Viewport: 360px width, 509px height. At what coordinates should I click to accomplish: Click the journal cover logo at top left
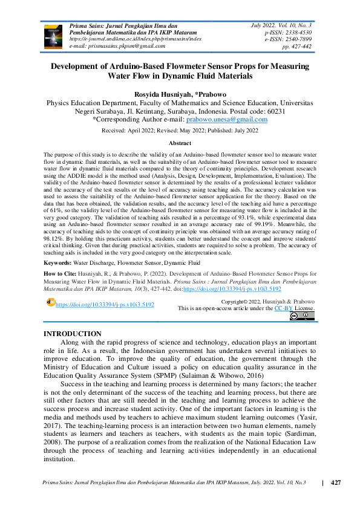point(53,37)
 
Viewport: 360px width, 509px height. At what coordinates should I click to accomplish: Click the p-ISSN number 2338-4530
point(298,31)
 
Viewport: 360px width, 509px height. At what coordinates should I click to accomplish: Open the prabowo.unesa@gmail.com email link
point(231,120)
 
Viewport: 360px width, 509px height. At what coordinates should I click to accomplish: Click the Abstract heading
point(180,143)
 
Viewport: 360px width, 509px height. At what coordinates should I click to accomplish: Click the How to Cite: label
point(61,274)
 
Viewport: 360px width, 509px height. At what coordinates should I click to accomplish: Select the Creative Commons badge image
point(301,316)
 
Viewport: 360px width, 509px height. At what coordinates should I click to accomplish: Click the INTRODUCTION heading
point(73,334)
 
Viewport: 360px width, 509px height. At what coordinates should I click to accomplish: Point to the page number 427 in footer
point(336,482)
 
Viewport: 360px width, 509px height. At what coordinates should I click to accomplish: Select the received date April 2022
point(145,131)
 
